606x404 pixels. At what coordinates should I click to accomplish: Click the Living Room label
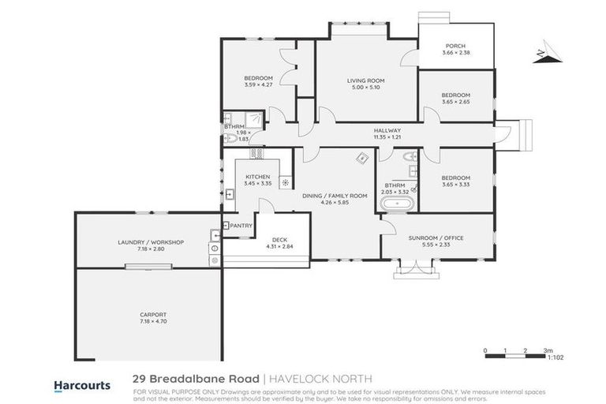pos(365,80)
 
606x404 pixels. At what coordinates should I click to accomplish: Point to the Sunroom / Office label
pos(438,238)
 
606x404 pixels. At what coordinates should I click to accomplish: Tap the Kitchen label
pos(258,176)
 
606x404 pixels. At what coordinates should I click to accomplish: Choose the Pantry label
pos(241,226)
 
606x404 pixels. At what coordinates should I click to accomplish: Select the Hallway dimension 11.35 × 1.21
pos(387,137)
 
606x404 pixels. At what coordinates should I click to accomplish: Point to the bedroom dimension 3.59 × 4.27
pos(258,84)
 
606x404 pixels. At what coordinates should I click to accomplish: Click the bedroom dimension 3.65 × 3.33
pos(455,185)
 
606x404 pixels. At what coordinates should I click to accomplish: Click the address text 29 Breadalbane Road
pos(195,380)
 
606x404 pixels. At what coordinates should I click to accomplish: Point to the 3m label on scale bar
pos(548,350)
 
